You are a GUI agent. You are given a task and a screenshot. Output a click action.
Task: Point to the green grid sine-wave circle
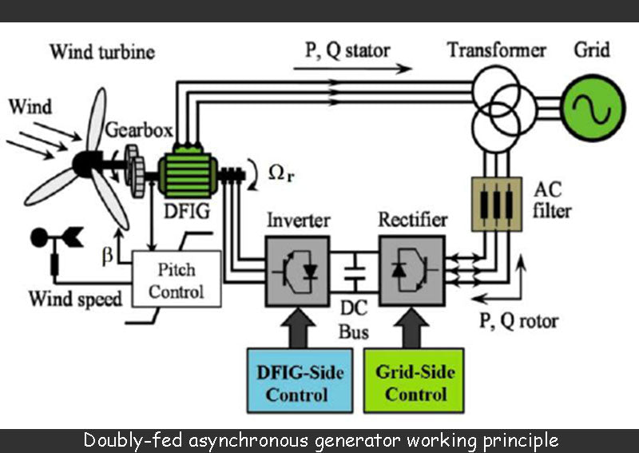(592, 104)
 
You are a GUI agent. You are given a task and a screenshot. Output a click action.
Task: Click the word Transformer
(496, 50)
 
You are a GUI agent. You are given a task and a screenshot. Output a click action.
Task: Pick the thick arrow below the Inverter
(298, 328)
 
